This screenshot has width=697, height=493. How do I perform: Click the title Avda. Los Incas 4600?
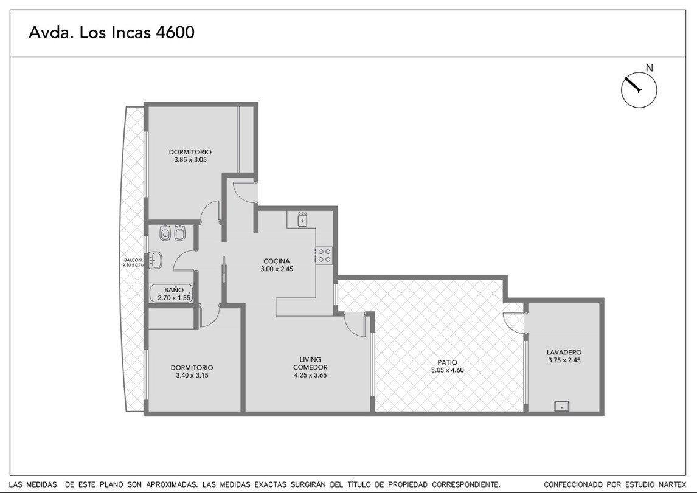111,32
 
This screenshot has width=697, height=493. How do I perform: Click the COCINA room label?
277,261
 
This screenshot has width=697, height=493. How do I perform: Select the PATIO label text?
447,362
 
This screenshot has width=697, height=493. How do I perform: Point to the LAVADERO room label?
564,352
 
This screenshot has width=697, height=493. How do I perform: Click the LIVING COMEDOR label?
310,364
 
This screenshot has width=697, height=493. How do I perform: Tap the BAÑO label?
174,290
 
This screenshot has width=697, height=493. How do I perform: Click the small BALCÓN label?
133,260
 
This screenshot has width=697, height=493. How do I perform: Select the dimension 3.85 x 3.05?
190,159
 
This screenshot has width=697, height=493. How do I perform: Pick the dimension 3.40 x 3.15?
192,375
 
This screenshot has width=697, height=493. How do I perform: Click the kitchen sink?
303,220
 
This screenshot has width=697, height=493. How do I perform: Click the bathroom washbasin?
156,260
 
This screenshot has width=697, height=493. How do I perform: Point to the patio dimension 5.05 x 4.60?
447,370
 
